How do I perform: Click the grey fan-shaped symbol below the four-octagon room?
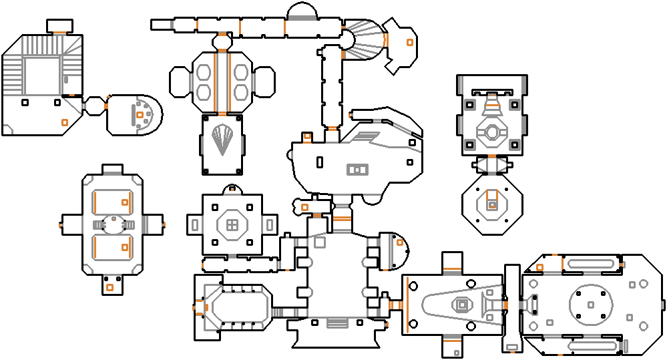point(222,141)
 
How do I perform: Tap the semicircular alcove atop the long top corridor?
point(301,11)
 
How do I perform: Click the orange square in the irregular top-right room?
point(409,42)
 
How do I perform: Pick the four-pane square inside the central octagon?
point(232,224)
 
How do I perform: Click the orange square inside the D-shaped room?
point(139,116)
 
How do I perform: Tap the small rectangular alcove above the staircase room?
point(59,26)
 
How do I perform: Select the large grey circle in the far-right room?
point(591,305)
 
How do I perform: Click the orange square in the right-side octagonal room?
point(492,204)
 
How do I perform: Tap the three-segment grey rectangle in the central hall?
point(358,170)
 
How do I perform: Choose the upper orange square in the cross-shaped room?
point(125,202)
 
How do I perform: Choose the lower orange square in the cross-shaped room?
point(125,247)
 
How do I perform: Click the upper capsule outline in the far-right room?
point(591,263)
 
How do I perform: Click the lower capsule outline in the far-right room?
point(591,346)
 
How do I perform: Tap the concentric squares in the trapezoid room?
point(461,305)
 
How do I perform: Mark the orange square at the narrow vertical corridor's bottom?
point(512,347)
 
